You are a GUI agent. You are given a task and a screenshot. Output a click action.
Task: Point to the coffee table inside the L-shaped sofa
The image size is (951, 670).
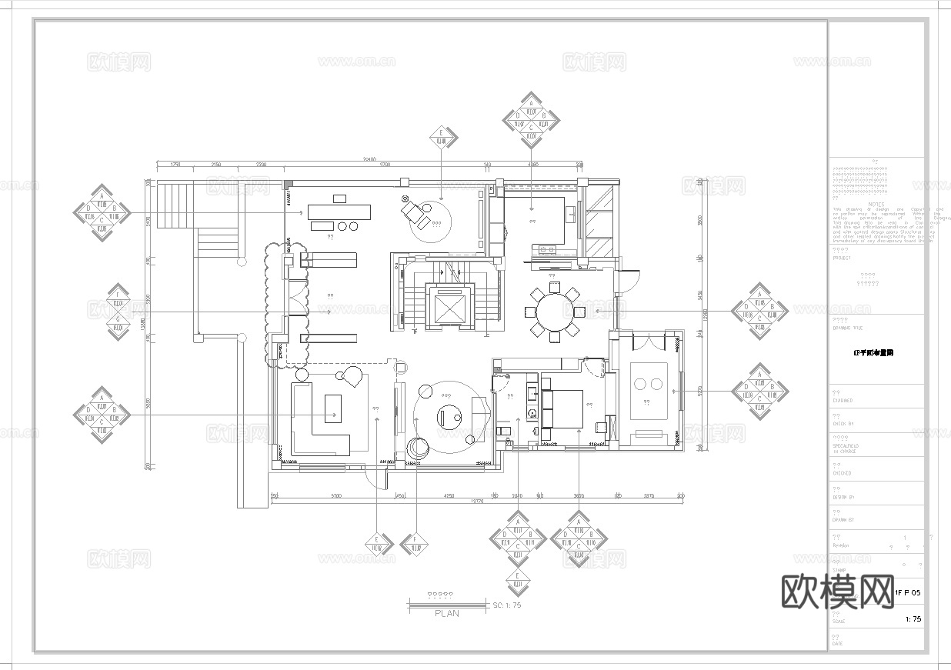[332, 408]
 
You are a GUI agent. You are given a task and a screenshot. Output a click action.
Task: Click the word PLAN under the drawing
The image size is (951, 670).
[446, 613]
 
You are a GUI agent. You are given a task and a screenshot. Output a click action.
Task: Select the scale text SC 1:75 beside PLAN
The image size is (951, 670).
[507, 605]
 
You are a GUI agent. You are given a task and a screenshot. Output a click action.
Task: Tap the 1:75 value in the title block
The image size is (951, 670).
[913, 618]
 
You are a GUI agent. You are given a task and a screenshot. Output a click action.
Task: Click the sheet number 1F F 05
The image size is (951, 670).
[907, 592]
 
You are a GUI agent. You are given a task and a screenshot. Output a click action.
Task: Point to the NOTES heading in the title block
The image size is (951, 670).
[876, 205]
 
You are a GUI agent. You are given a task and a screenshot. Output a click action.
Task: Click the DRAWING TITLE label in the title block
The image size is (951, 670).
[847, 327]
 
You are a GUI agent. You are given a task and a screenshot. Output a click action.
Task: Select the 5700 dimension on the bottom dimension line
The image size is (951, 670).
[336, 496]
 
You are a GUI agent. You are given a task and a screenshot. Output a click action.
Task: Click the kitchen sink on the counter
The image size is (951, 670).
[548, 248]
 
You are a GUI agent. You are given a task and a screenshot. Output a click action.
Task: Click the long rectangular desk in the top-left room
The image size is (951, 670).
[339, 210]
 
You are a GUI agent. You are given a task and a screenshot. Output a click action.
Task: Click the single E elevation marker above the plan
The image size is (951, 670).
[442, 139]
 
